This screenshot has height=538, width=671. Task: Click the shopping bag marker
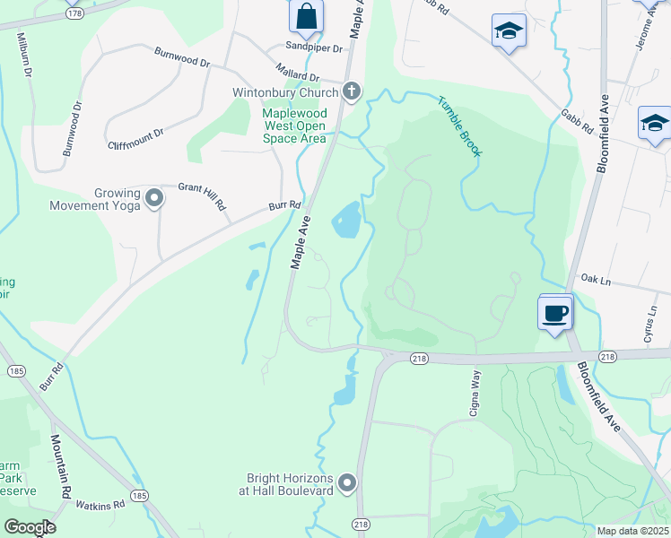[x=306, y=16]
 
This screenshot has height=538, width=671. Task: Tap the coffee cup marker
[x=554, y=313]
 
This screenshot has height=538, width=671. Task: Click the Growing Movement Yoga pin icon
[x=154, y=197]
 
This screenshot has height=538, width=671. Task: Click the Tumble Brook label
[x=460, y=126]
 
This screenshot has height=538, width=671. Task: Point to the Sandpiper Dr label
[x=315, y=47]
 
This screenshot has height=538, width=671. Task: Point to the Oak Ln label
[x=595, y=281]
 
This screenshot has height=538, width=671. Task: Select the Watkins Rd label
[x=100, y=507]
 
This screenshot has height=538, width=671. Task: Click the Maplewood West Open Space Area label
[x=293, y=126]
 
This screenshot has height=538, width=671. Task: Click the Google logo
[x=29, y=527]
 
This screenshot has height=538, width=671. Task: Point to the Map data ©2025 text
[x=632, y=531]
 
